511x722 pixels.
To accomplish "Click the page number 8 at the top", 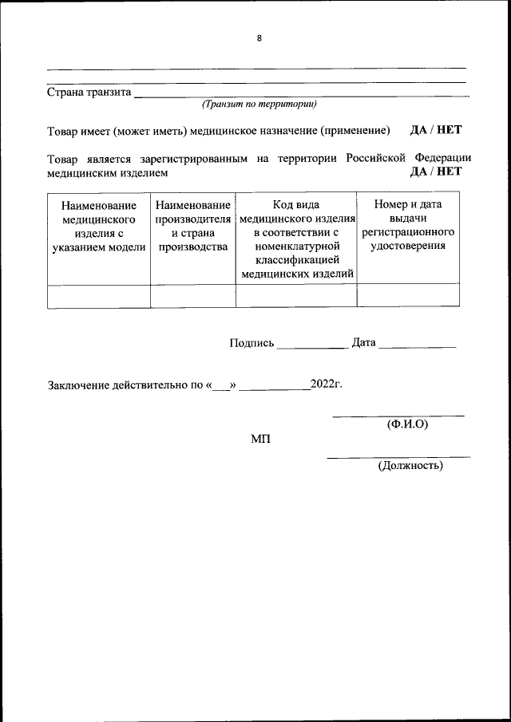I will pos(259,37).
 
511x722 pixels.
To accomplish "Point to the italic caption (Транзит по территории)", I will pos(259,104).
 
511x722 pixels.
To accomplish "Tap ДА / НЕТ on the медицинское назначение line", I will pos(436,130).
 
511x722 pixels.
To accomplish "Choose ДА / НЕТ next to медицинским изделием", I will pos(436,171).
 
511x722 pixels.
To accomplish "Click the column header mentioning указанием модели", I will pos(99,226).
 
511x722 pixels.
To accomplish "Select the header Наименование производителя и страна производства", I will pos(193,226).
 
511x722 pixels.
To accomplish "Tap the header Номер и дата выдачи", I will pos(408,226).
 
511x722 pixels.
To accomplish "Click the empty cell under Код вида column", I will pos(296,295).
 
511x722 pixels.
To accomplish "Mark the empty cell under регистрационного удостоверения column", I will pos(408,295).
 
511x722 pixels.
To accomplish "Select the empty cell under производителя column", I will pos(193,295).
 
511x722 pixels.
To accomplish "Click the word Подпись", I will pos(252,343).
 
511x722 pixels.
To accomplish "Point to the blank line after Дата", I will pos(417,345).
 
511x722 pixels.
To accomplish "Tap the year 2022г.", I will pos(327,385).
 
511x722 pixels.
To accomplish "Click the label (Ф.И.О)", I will pos(407,424).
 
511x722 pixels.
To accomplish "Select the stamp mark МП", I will pos(260,440).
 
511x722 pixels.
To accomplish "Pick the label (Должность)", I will pos(410,465).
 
